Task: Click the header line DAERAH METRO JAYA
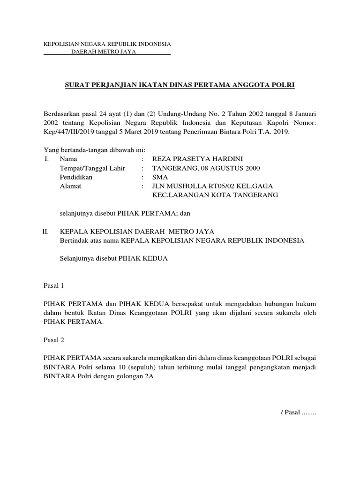103,52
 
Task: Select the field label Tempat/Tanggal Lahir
92,168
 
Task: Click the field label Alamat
70,186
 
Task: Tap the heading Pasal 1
53,285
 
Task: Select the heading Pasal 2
53,339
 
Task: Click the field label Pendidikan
76,177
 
